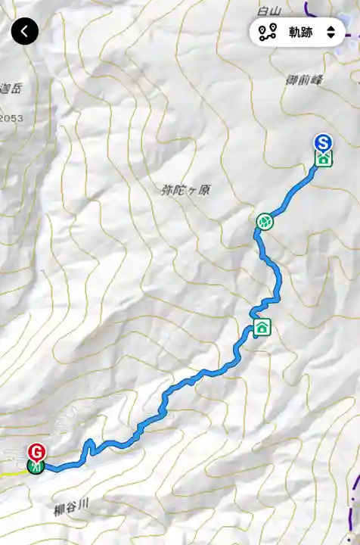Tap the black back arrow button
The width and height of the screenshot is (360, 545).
click(25, 31)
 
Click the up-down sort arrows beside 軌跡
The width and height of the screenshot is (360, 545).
click(331, 32)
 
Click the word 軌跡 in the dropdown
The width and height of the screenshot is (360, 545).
click(300, 32)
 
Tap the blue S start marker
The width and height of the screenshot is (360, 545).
click(324, 142)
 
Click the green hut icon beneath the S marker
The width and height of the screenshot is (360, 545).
click(324, 158)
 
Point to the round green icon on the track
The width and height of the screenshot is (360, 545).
click(264, 221)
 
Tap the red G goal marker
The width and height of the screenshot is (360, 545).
click(36, 452)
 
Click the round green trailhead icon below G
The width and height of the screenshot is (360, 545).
click(35, 466)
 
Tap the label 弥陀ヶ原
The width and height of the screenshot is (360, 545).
click(185, 190)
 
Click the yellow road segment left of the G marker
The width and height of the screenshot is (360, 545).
click(11, 473)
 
